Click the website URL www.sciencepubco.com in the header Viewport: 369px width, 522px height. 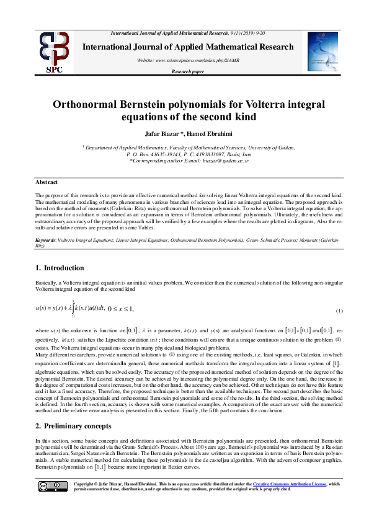pos(185,60)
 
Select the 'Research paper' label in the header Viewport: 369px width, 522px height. pos(187,72)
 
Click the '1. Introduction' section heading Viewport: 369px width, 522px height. pos(60,268)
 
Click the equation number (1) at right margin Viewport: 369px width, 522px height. pos(339,310)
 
